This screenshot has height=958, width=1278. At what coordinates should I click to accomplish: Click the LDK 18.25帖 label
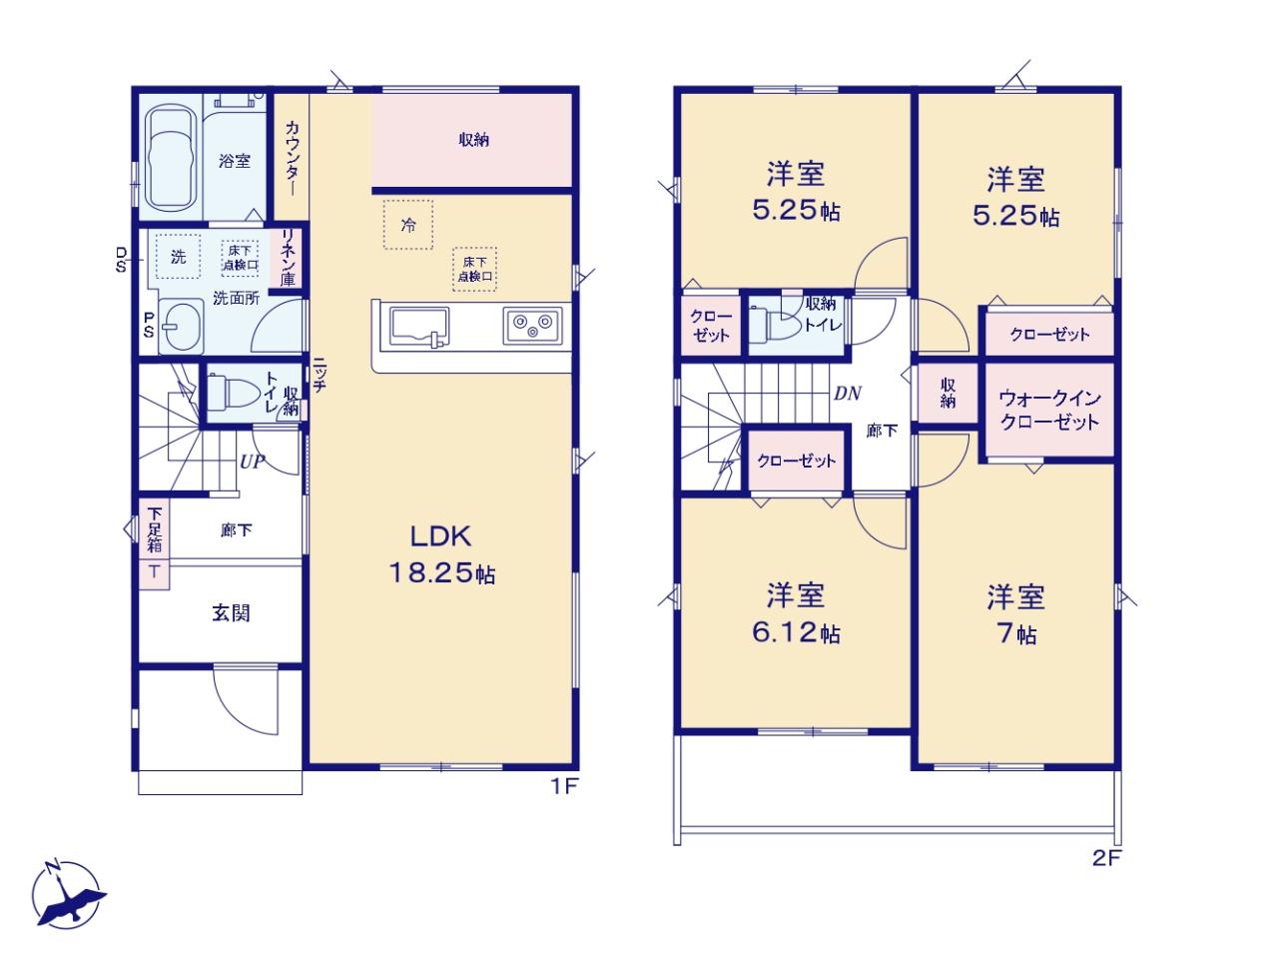[441, 554]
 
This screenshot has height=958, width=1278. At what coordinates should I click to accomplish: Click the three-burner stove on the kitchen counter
[533, 325]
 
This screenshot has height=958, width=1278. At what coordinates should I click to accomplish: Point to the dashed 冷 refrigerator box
[408, 225]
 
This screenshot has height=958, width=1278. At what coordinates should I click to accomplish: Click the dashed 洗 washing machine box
[178, 257]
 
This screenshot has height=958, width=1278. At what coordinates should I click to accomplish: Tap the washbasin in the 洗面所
[181, 326]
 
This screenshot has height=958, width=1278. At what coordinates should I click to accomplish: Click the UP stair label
[253, 462]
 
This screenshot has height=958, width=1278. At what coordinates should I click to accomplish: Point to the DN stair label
[847, 394]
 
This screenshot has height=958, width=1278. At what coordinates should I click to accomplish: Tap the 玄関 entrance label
[232, 613]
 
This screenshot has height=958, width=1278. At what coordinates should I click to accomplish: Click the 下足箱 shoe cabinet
[154, 529]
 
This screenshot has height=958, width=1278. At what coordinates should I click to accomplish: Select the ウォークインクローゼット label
[1049, 410]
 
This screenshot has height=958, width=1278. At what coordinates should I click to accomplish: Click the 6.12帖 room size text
[796, 633]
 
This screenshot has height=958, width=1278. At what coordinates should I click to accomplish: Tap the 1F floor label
[564, 787]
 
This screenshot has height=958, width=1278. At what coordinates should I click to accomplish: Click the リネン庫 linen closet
[287, 257]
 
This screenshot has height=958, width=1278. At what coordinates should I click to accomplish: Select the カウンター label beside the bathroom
[293, 158]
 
